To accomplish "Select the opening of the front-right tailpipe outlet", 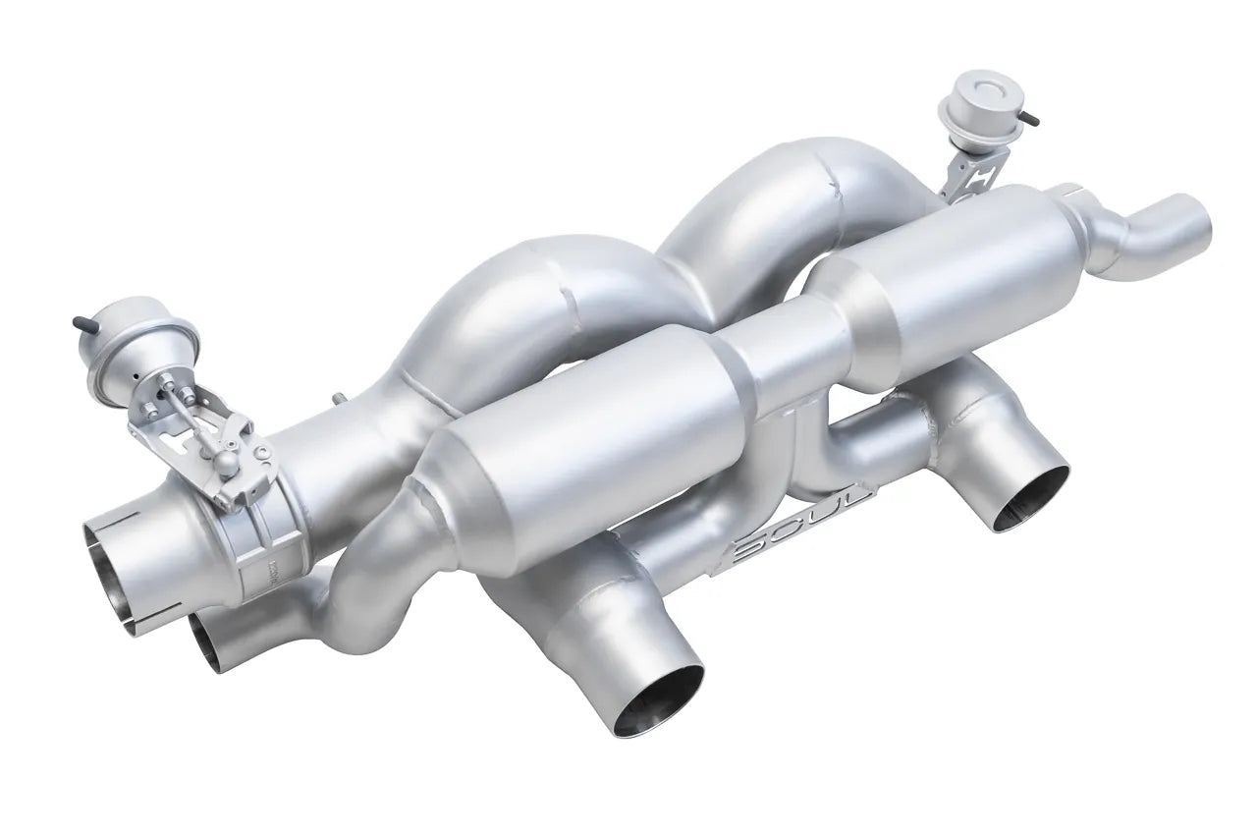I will [x=1030, y=497].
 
